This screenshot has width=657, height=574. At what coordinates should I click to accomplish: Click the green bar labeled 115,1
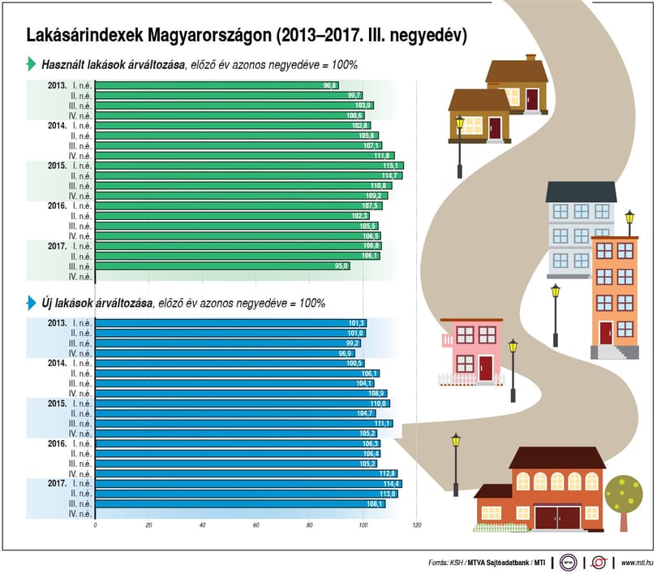pyautogui.click(x=249, y=166)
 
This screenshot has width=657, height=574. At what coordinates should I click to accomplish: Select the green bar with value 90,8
pyautogui.click(x=217, y=85)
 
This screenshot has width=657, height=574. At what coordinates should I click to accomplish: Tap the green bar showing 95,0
pyautogui.click(x=222, y=266)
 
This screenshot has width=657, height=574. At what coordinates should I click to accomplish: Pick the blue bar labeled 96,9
pyautogui.click(x=225, y=353)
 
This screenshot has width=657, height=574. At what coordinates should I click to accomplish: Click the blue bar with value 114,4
pyautogui.click(x=248, y=484)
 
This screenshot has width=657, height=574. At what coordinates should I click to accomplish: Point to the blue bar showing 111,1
pyautogui.click(x=244, y=424)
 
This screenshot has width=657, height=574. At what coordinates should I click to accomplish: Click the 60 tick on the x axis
pyautogui.click(x=256, y=525)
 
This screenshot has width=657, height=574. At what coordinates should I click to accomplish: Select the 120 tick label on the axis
pyautogui.click(x=417, y=525)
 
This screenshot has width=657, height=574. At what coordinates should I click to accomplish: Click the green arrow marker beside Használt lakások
pyautogui.click(x=32, y=63)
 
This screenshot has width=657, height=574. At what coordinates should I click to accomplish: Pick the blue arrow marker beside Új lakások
pyautogui.click(x=32, y=302)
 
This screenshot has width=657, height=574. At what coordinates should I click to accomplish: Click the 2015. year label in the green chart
pyautogui.click(x=57, y=166)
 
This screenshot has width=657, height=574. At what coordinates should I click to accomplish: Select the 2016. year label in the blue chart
pyautogui.click(x=57, y=443)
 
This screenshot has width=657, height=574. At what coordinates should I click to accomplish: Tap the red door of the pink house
pyautogui.click(x=486, y=368)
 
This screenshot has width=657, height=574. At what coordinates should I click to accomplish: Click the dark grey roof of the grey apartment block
pyautogui.click(x=581, y=192)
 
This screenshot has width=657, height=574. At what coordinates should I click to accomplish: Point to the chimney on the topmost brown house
pyautogui.click(x=531, y=58)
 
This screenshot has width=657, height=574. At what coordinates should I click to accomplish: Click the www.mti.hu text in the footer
pyautogui.click(x=637, y=563)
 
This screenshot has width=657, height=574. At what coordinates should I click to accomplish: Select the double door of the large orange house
pyautogui.click(x=558, y=518)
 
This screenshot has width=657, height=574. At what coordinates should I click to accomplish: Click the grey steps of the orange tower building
pyautogui.click(x=615, y=352)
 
